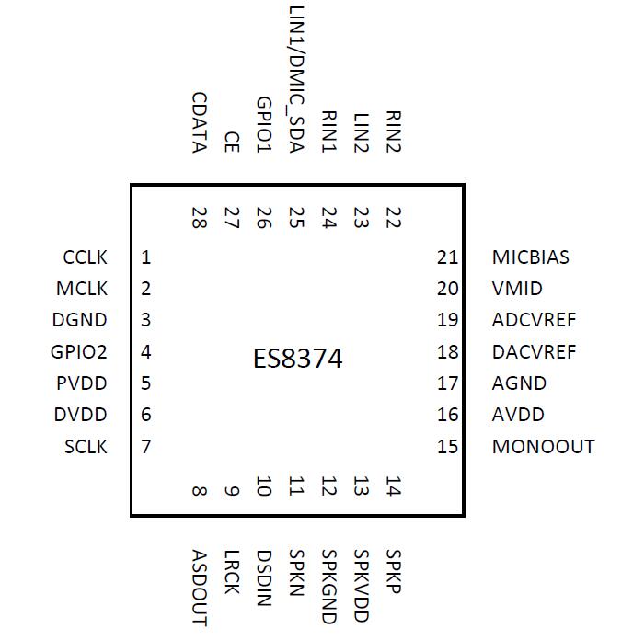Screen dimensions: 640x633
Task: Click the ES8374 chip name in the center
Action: [x=297, y=358]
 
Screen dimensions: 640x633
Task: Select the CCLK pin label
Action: [x=85, y=257]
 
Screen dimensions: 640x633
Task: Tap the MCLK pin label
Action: [x=82, y=289]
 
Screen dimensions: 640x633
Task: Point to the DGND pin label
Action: [x=80, y=320]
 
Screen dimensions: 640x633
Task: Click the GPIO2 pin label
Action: [x=79, y=352]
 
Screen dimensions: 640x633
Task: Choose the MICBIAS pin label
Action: [x=531, y=257]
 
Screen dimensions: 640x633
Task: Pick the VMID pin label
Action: [x=517, y=289]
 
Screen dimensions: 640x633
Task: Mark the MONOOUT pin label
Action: [x=543, y=447]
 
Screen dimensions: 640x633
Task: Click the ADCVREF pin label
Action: [x=534, y=320]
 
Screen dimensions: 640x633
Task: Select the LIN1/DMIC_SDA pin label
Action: [x=296, y=81]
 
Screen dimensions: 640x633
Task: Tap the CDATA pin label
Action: [x=199, y=123]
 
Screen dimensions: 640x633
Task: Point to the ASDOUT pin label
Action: [x=199, y=587]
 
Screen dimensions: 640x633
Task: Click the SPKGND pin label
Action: [x=329, y=587]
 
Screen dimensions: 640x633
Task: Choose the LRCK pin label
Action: [x=232, y=572]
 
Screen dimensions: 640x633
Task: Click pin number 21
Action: [x=447, y=257]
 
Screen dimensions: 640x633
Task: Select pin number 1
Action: [x=146, y=257]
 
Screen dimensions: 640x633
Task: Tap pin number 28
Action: [x=199, y=218]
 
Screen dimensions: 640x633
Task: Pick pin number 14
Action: [x=394, y=486]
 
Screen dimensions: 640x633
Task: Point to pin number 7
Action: [x=146, y=447]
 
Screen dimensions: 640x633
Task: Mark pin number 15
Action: [x=447, y=447]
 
